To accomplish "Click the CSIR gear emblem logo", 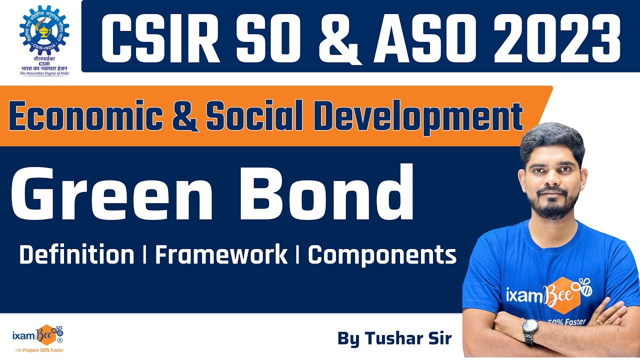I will click(x=44, y=31).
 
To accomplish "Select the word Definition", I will click(x=76, y=255).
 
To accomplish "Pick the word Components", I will click(x=381, y=255).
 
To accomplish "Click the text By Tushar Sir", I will click(x=394, y=338).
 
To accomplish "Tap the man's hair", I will click(x=552, y=137).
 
